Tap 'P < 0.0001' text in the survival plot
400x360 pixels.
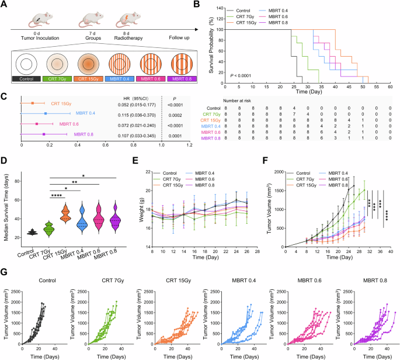(241, 75)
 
